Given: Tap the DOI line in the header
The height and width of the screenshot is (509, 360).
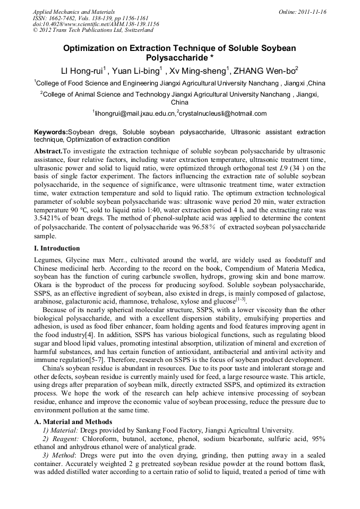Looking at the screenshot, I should tap(96, 24).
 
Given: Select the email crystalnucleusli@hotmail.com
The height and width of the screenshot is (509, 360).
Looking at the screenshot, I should tap(222, 114).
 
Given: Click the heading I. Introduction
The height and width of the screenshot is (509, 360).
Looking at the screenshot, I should tap(57, 248).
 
